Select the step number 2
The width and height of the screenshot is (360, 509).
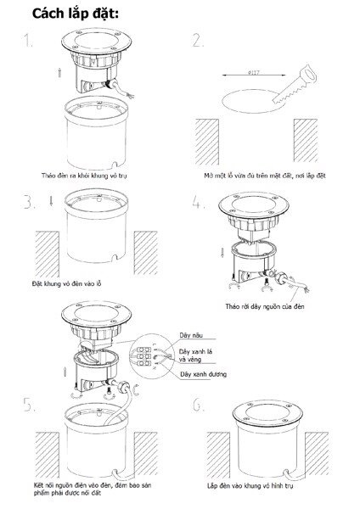point(199,42)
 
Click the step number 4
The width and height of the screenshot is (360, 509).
point(199,204)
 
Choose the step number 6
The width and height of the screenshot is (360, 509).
point(199,406)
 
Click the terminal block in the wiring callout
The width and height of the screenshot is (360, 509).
point(147,357)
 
